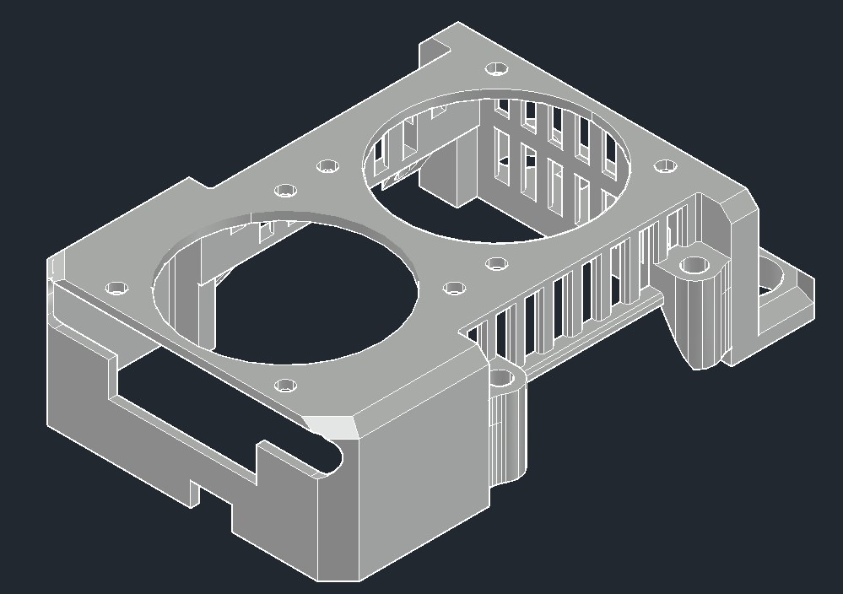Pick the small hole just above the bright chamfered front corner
(286, 386)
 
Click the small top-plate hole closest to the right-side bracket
(667, 165)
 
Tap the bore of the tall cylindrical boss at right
(695, 267)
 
